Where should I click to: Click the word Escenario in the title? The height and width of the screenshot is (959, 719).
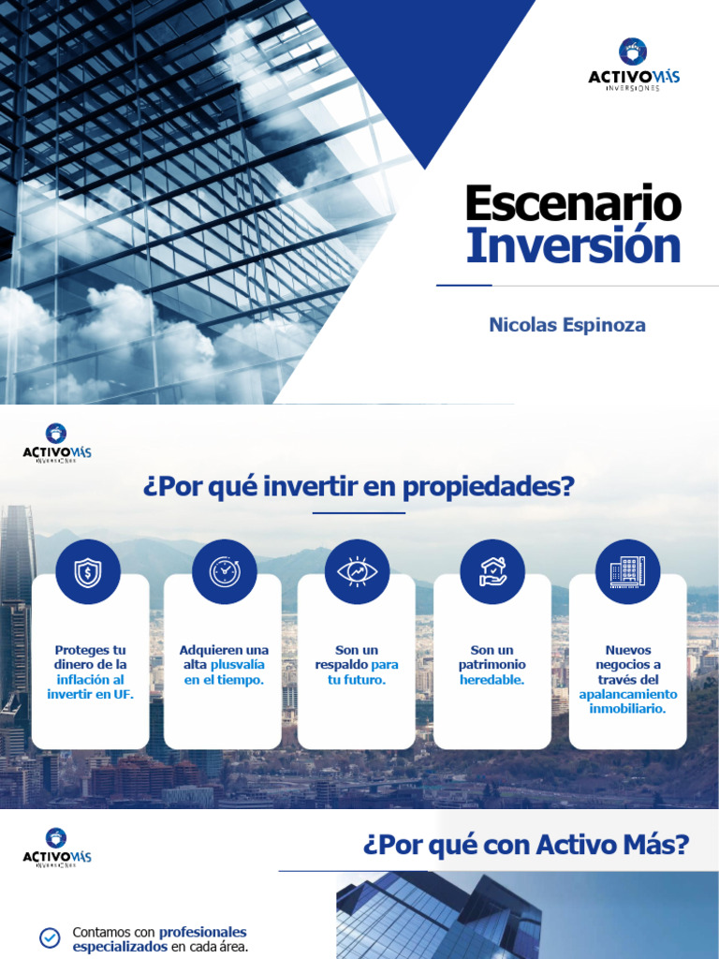573,203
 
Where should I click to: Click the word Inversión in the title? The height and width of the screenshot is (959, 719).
573,245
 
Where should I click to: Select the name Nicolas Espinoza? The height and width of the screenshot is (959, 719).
567,325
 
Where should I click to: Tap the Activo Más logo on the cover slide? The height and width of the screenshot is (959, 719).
634,65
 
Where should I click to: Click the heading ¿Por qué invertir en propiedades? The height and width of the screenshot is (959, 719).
359,487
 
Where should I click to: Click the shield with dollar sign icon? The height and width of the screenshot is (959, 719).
88,572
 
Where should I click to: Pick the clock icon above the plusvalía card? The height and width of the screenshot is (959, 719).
224,572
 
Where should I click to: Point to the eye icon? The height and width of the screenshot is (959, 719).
357,572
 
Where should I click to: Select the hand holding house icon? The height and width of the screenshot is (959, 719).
492,572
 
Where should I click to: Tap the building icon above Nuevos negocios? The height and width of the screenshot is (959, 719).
627,572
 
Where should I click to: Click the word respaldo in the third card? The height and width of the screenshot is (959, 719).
342,664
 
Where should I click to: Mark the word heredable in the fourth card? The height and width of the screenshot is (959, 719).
492,679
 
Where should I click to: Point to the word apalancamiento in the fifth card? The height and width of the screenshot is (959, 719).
627,694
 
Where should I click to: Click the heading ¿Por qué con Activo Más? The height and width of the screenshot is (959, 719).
525,846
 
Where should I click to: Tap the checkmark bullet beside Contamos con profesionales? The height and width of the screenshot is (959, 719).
50,938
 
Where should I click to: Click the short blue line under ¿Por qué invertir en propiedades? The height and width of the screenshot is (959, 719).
359,513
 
